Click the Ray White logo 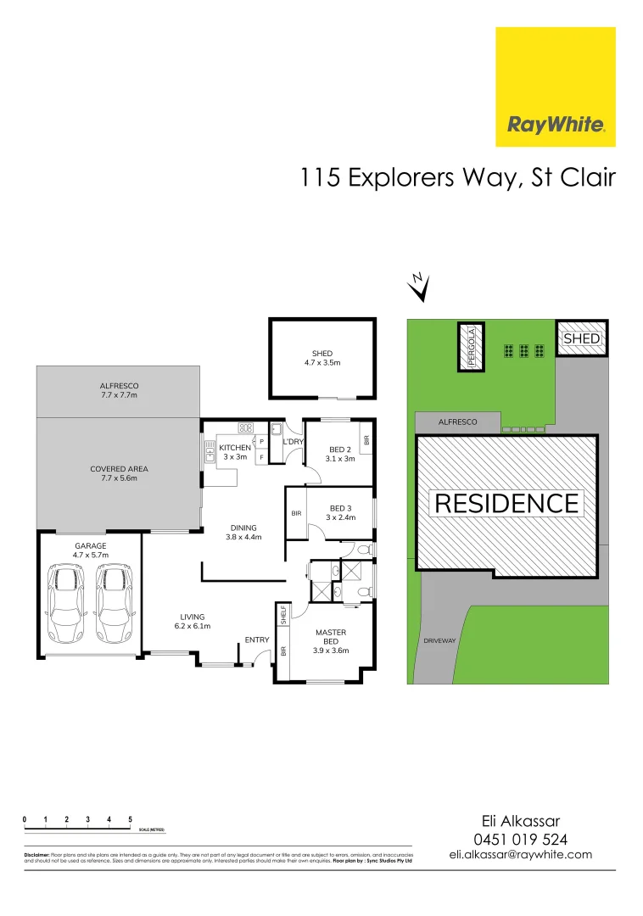point(556,87)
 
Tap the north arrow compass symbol point(417,288)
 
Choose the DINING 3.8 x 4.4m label point(243,531)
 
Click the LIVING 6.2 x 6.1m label point(193,621)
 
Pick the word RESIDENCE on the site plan point(506,504)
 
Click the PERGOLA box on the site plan point(471,346)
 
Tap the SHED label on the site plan point(582,338)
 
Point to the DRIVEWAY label point(439,641)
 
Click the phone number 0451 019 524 point(520,839)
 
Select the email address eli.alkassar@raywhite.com point(520,855)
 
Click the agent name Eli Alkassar point(520,821)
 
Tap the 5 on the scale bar point(130,818)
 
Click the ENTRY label point(257,640)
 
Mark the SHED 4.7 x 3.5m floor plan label point(322,358)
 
